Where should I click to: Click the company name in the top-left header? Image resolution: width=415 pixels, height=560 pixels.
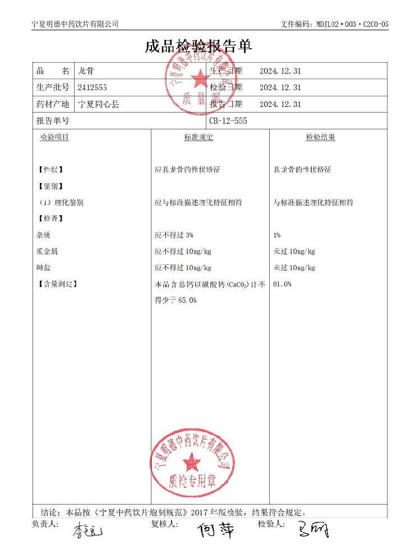point(76,24)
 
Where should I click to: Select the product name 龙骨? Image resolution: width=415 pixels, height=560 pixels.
point(86,71)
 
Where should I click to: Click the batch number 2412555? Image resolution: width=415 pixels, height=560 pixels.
point(92,87)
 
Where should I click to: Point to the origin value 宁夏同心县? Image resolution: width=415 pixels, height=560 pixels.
point(98,104)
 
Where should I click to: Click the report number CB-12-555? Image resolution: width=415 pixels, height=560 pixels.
point(228,121)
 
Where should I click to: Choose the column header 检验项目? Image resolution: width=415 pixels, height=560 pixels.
point(54,137)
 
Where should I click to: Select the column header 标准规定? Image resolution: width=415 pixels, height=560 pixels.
point(199,137)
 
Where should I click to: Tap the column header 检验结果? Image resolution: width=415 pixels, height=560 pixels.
point(320,137)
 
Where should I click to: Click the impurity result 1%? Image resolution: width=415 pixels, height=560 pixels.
point(276,235)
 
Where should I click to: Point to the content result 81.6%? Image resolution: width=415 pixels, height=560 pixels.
point(282,284)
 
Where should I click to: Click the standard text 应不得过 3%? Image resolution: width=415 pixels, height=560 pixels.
point(174,235)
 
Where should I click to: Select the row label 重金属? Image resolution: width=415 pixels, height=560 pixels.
point(46,251)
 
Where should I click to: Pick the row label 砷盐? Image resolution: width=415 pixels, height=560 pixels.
point(43,268)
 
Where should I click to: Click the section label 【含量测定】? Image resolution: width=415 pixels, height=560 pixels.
point(57,284)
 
